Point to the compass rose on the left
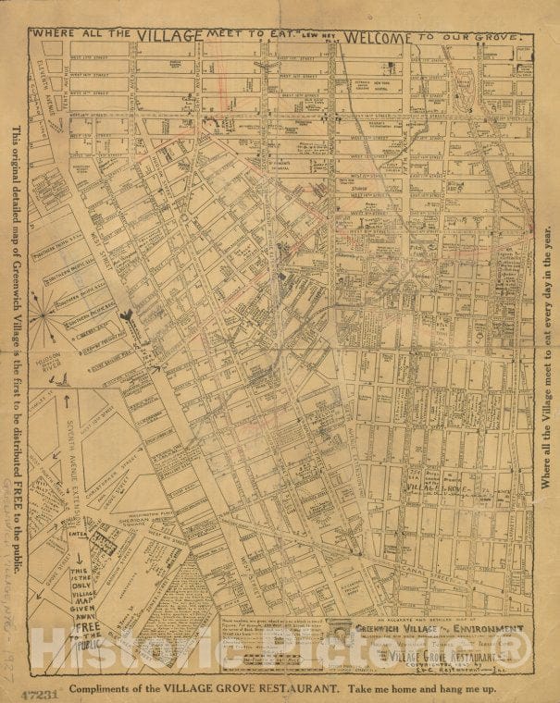tap(43, 314)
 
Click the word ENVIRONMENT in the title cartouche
tap(478, 628)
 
